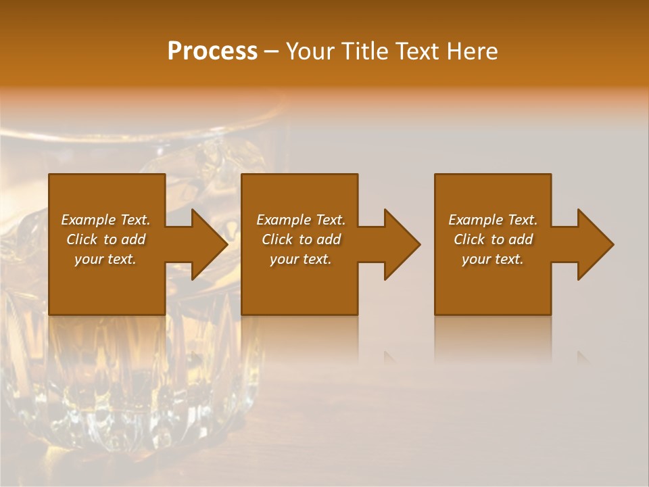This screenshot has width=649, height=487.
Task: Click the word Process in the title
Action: (x=212, y=51)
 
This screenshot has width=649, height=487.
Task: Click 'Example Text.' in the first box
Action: (x=105, y=220)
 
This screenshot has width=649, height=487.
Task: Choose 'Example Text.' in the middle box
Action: (x=301, y=220)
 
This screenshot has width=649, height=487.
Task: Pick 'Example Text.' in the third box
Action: (x=493, y=220)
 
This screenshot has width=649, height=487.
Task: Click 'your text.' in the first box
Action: (x=105, y=259)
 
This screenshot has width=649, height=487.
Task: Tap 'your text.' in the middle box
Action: (x=301, y=259)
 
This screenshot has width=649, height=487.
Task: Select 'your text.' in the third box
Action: (x=493, y=259)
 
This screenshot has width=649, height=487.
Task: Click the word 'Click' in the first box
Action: (x=82, y=239)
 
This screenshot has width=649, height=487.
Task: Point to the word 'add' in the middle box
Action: (x=329, y=239)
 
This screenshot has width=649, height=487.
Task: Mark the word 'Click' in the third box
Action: (x=469, y=239)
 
